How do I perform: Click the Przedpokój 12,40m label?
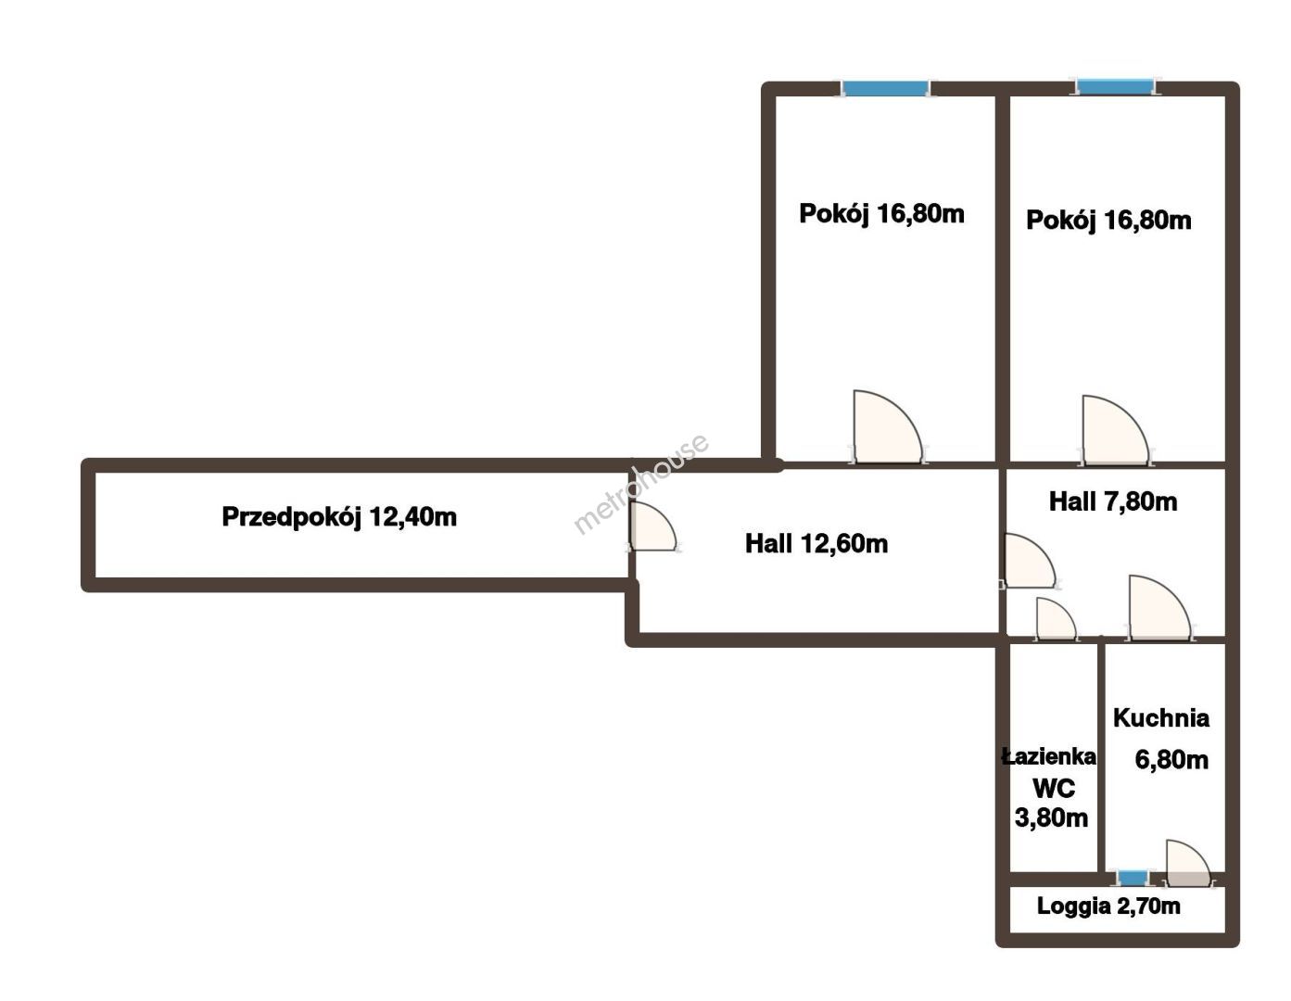tap(339, 517)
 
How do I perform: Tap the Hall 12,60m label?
tap(816, 544)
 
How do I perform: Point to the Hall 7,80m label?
tap(1113, 502)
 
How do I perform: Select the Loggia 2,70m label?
tap(1108, 906)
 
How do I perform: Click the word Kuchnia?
tap(1161, 718)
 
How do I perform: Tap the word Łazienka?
tap(1049, 756)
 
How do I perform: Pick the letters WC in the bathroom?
tap(1054, 789)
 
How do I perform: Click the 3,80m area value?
tap(1052, 818)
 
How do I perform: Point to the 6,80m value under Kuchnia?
tap(1171, 760)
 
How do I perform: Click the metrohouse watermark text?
tap(641, 484)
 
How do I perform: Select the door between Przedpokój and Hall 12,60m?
tap(652, 526)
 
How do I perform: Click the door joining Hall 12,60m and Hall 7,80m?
tap(1029, 561)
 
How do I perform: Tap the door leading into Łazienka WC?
tap(1056, 619)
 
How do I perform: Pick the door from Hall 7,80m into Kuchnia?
tap(1159, 608)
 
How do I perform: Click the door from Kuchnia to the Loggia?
tap(1187, 864)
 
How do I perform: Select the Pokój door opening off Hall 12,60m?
tap(888, 426)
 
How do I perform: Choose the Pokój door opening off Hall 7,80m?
tap(1115, 430)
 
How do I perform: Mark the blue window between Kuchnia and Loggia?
tap(1133, 878)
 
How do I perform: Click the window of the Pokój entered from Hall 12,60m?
tap(885, 89)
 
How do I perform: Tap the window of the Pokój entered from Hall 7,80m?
tap(1116, 87)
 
